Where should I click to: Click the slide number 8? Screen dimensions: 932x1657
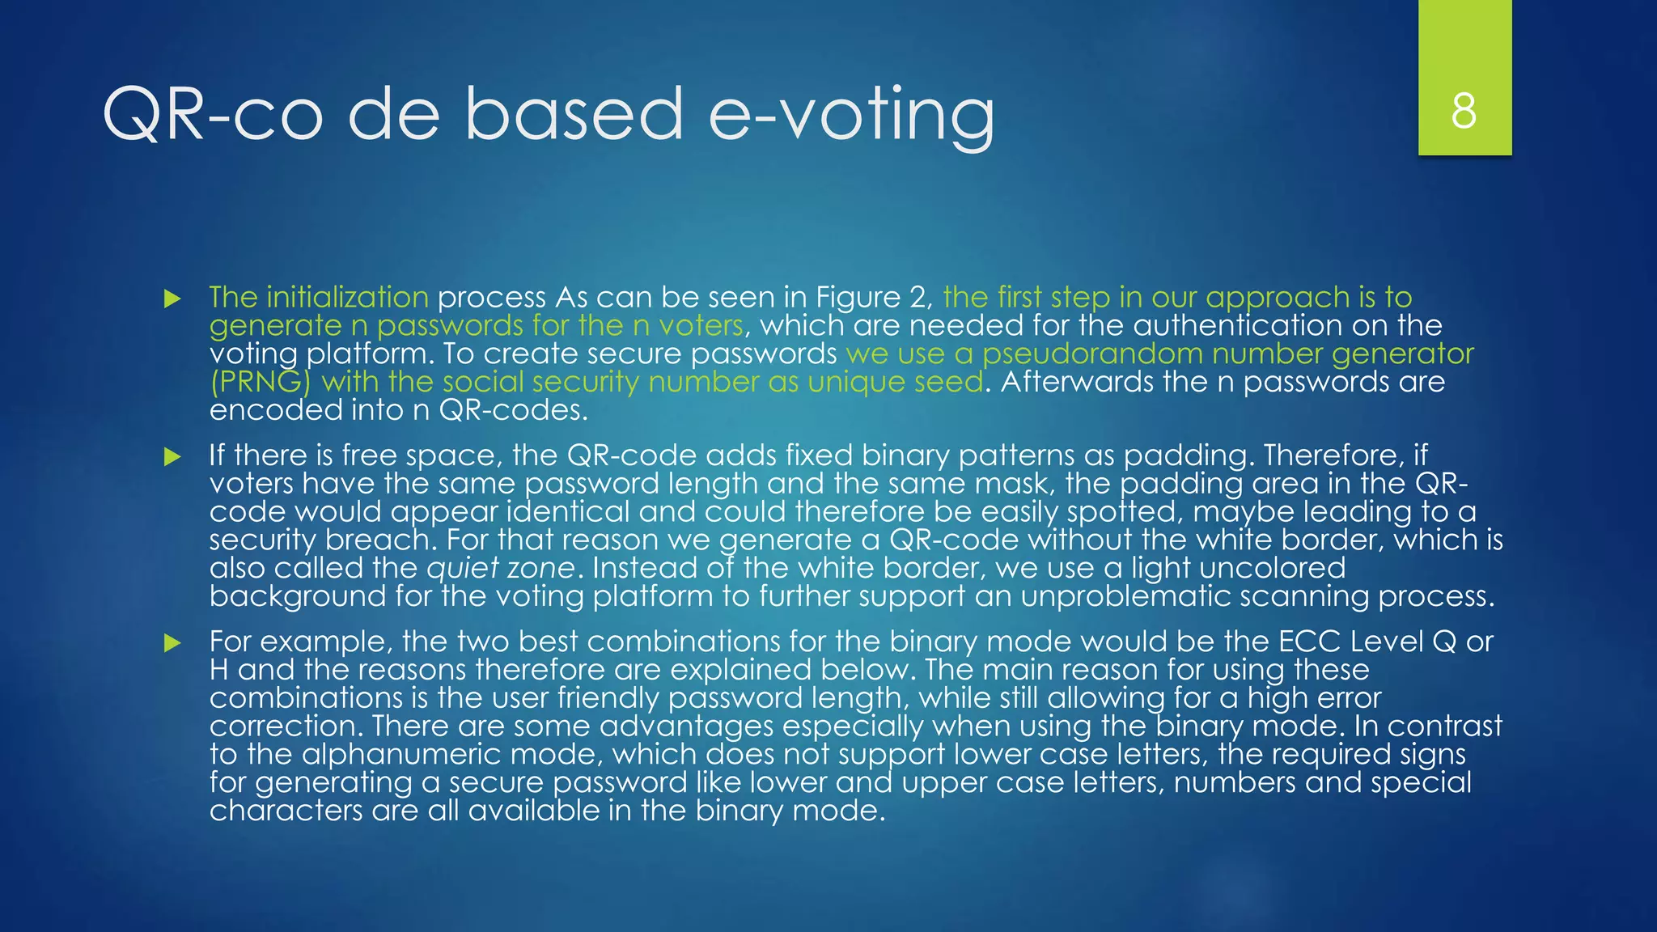click(x=1464, y=111)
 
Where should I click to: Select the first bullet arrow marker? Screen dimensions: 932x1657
click(x=172, y=299)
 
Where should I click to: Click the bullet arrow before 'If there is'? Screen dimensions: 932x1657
click(x=172, y=456)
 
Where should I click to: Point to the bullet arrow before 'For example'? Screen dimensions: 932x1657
click(x=172, y=642)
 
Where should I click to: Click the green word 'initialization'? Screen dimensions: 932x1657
click(x=347, y=298)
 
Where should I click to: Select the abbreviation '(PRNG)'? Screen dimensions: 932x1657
click(x=260, y=382)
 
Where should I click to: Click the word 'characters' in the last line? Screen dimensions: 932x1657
click(x=286, y=811)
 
